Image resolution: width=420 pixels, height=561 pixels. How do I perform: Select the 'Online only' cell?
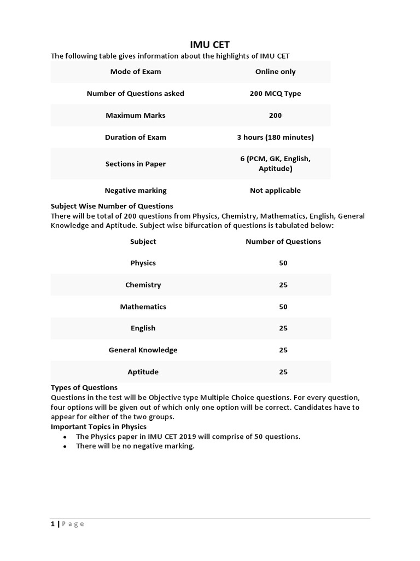click(x=275, y=72)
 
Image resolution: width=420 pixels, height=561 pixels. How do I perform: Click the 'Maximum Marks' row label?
click(x=135, y=116)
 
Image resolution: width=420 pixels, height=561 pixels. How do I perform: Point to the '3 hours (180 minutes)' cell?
click(x=275, y=138)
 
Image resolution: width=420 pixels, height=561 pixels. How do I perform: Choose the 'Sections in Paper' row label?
click(x=135, y=164)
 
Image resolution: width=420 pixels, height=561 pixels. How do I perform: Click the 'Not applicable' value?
click(x=275, y=191)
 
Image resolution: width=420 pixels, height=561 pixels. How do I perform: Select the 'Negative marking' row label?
click(x=135, y=191)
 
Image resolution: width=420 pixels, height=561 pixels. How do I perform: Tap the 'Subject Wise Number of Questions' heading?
click(x=112, y=206)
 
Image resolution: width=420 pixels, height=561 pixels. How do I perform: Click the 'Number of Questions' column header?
click(x=283, y=242)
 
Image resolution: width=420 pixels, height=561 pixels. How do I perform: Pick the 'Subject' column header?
click(x=143, y=242)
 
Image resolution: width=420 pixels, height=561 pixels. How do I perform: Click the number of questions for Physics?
click(x=283, y=263)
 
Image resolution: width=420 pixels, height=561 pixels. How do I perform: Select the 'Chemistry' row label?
click(x=143, y=285)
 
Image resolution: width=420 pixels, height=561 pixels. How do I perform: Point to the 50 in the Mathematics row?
click(x=283, y=307)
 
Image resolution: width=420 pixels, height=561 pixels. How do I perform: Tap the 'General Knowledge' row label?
click(x=143, y=350)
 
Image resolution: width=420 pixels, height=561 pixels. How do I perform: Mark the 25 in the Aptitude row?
click(x=283, y=372)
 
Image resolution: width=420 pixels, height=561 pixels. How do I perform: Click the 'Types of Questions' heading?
click(x=84, y=387)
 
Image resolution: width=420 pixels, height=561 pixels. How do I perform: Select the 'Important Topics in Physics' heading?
click(x=98, y=426)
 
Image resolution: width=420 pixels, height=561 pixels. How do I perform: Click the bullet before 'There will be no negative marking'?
click(x=65, y=446)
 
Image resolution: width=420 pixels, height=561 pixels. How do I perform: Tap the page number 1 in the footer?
click(x=53, y=524)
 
